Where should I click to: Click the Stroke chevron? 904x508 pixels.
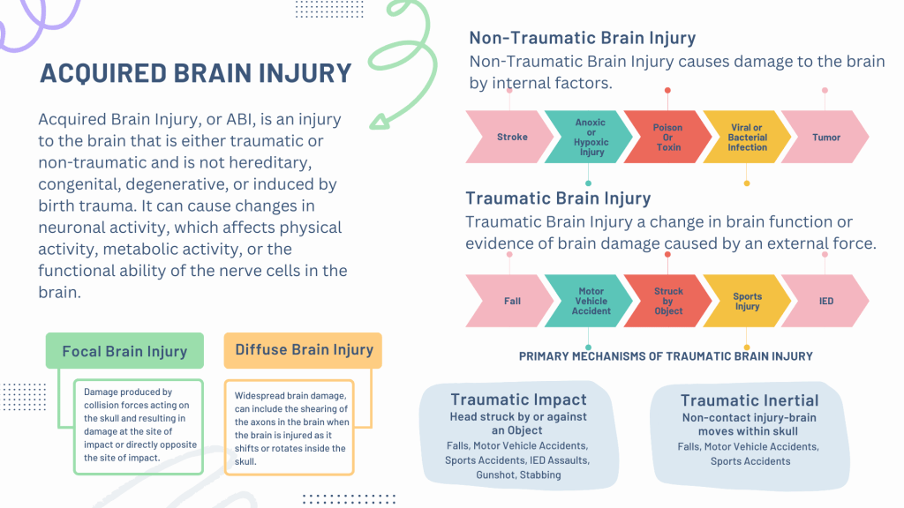[x=509, y=137]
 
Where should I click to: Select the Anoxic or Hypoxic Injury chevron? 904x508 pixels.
[x=589, y=137]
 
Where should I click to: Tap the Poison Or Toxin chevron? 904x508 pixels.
[x=667, y=137]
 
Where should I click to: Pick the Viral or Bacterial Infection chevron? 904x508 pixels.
[x=747, y=137]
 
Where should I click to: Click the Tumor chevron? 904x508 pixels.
[x=825, y=137]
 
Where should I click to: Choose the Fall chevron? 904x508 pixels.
[x=509, y=301]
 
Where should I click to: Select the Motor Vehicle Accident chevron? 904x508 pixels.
[x=589, y=301]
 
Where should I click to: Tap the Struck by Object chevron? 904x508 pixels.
[x=667, y=301]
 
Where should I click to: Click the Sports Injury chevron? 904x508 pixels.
[x=747, y=301]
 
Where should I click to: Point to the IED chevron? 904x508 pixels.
[x=825, y=301]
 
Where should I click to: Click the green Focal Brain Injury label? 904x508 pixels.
[x=124, y=351]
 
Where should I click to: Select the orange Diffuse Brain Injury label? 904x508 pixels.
[x=304, y=350]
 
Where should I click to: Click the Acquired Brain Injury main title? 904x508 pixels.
[x=195, y=73]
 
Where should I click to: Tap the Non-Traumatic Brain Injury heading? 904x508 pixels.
[x=583, y=38]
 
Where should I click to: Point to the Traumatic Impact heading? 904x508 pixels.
[x=518, y=400]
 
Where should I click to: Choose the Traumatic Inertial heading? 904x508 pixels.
[x=749, y=400]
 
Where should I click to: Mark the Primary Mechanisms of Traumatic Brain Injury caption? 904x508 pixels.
[x=666, y=356]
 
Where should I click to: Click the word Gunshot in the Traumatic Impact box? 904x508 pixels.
[x=495, y=475]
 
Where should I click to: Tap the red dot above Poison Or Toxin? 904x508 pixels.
[x=667, y=91]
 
